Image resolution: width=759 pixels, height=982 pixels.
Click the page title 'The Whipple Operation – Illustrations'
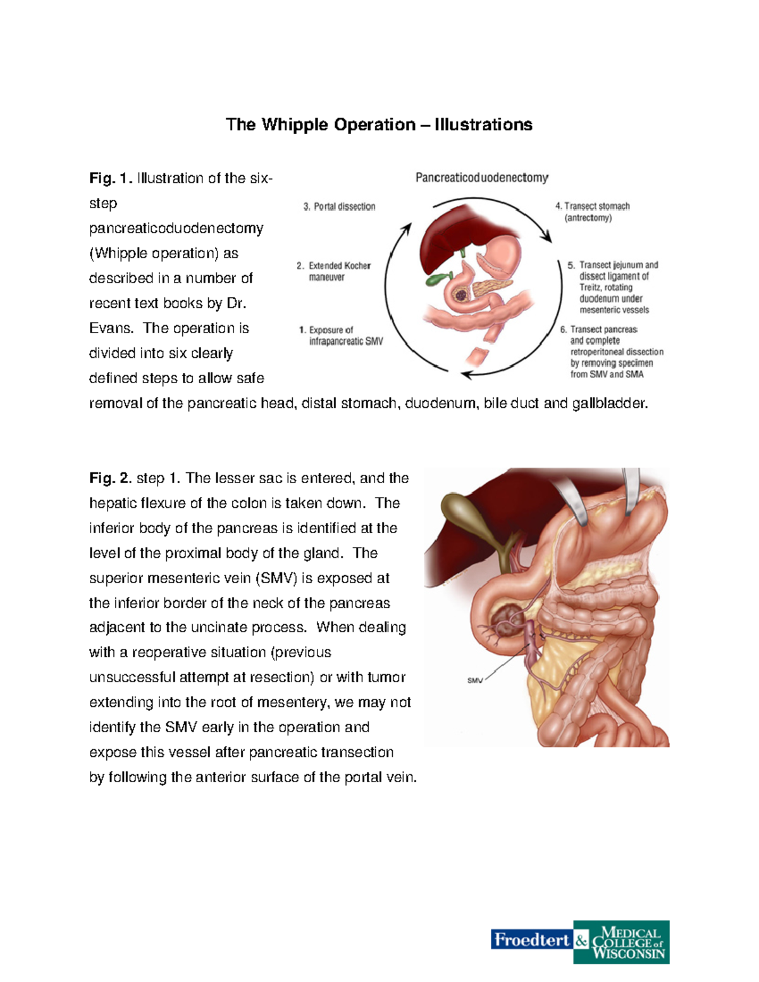[379, 125]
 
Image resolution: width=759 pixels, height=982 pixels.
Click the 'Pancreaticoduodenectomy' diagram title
[482, 178]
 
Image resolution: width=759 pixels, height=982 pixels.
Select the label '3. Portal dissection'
[339, 207]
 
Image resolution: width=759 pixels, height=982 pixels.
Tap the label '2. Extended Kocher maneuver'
[333, 271]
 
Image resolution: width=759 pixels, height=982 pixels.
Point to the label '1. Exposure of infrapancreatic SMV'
[341, 335]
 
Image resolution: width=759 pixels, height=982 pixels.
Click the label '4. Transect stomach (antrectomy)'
[593, 212]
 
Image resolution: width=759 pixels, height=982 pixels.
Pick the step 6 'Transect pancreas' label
[612, 352]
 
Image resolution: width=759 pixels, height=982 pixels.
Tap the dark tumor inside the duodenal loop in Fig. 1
[460, 295]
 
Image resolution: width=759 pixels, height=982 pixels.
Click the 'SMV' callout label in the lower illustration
[475, 680]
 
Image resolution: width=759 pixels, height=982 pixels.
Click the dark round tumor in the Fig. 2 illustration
[509, 624]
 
